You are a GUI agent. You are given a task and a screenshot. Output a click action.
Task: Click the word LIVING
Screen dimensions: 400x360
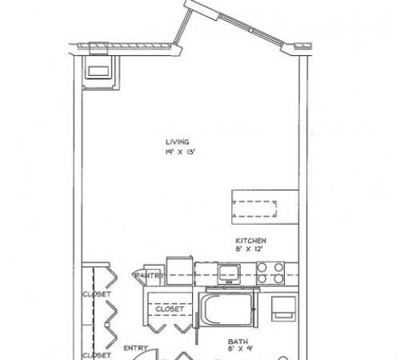pos(178,142)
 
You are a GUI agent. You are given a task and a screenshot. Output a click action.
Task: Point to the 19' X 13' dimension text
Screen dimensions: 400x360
pos(181,152)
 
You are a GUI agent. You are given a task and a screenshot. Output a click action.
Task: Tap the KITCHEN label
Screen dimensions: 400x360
pos(250,241)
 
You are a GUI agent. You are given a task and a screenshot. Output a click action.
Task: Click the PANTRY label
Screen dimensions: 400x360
pos(150,275)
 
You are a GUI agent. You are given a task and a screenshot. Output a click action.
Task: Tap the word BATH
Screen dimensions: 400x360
pos(238,342)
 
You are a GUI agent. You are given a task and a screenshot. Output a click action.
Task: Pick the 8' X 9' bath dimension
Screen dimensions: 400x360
pos(240,349)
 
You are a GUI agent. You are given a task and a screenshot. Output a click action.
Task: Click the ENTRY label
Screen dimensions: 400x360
pos(135,348)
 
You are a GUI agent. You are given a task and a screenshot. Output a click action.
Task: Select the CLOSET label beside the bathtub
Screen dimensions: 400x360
pos(170,309)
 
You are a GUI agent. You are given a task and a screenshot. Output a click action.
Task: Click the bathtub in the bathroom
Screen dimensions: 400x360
pos(226,309)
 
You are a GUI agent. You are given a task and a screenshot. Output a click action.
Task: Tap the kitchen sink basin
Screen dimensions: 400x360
pos(229,274)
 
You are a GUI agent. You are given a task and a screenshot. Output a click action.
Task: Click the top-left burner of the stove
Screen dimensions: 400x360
pos(262,267)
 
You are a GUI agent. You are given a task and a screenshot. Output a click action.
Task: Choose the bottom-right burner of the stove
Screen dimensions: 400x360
pos(278,278)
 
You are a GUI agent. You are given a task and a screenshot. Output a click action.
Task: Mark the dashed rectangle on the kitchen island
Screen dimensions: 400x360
pos(254,209)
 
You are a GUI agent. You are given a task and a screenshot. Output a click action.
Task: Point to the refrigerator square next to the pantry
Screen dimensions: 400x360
pos(179,270)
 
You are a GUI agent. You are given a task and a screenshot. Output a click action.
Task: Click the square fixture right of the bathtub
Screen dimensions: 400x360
pos(283,309)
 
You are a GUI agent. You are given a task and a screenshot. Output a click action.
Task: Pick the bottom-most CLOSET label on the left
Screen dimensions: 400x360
pos(97,355)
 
